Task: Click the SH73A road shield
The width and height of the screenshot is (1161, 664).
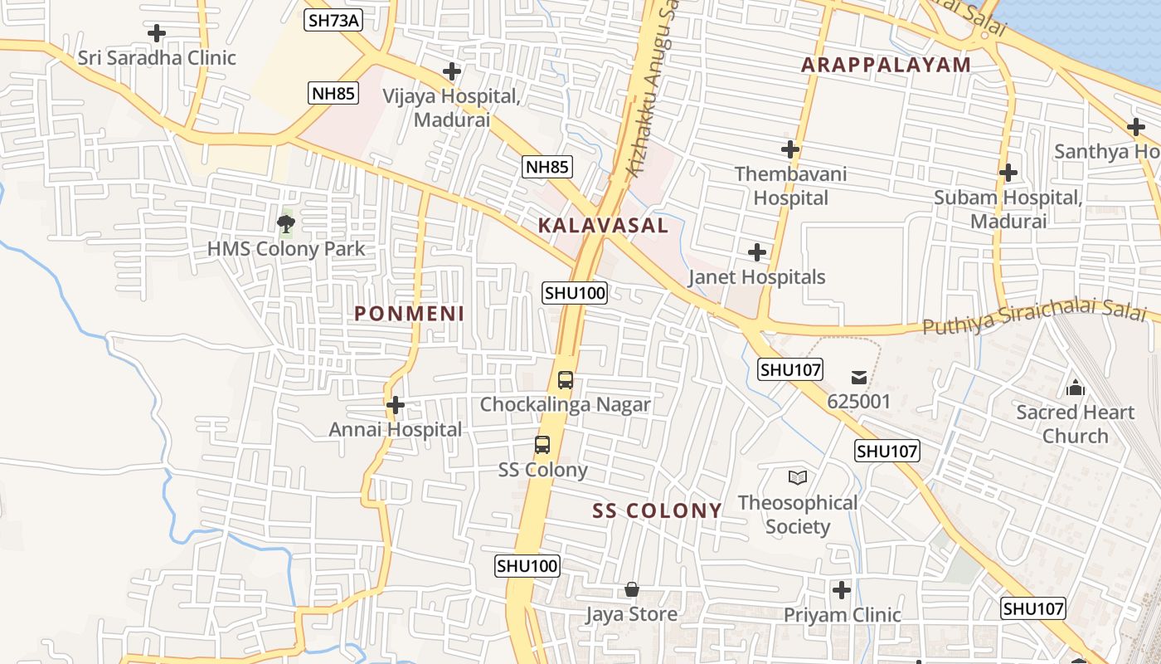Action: click(x=334, y=20)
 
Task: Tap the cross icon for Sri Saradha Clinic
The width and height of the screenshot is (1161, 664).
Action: click(x=157, y=33)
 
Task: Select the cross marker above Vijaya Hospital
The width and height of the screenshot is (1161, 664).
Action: click(x=452, y=71)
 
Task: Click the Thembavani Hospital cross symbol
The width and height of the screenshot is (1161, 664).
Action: click(x=790, y=149)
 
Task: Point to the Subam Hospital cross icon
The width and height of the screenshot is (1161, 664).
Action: click(x=1008, y=173)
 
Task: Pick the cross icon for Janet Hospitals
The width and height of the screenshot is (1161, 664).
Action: click(x=757, y=252)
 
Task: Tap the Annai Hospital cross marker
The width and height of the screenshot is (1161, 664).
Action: click(x=396, y=405)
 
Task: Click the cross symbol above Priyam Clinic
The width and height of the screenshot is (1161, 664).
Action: click(x=842, y=590)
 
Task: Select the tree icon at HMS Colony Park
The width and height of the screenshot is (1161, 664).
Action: click(x=286, y=222)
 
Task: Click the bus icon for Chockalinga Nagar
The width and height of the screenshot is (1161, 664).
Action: click(x=566, y=380)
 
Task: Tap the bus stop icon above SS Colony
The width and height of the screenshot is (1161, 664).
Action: click(x=542, y=445)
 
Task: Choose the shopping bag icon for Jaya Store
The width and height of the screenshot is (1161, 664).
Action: click(x=632, y=589)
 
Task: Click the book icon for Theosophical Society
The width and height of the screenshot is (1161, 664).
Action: click(x=798, y=477)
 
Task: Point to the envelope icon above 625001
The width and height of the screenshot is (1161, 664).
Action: click(x=859, y=378)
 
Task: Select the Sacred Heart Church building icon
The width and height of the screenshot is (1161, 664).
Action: click(x=1076, y=388)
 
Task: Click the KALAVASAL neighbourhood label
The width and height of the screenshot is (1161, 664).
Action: click(x=603, y=225)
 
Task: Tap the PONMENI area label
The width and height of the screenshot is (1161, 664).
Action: click(x=410, y=314)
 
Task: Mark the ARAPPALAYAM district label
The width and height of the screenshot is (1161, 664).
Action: click(x=886, y=65)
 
